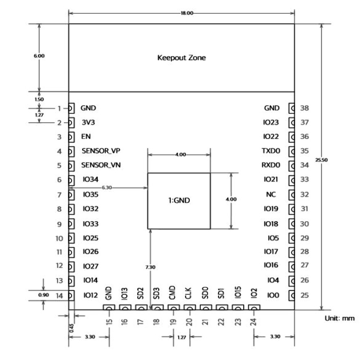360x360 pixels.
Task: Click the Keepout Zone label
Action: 181,58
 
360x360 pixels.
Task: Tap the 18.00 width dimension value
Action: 187,13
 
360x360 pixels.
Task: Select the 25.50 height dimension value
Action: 322,160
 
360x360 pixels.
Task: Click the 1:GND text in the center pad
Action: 179,201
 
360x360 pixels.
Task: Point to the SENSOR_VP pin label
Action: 100,151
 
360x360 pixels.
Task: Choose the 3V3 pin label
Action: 89,122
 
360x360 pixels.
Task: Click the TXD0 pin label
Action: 271,151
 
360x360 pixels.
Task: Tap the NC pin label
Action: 271,194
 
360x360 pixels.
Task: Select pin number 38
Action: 305,108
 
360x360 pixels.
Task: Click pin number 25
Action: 305,296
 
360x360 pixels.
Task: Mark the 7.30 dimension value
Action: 150,267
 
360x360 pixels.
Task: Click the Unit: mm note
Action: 339,318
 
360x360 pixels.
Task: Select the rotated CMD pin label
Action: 172,292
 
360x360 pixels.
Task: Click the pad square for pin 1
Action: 71,108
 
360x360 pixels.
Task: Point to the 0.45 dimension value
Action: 71,328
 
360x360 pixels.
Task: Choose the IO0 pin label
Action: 273,296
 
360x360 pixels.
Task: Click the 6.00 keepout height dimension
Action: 39,56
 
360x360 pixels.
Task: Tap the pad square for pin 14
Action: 71,296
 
